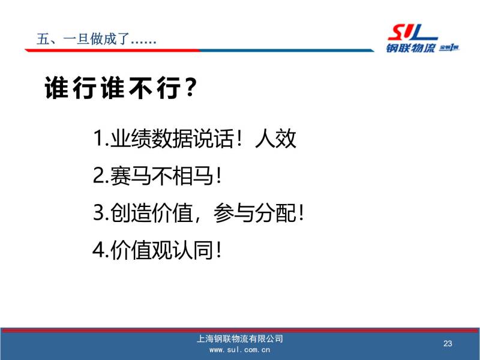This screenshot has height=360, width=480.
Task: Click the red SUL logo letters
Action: [412, 33]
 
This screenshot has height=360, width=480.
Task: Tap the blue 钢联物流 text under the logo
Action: [410, 48]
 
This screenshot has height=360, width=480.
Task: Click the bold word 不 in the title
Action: [141, 88]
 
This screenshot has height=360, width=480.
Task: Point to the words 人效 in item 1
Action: [275, 139]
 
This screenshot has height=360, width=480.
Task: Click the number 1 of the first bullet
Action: [98, 138]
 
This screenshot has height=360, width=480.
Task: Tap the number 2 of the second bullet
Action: [98, 175]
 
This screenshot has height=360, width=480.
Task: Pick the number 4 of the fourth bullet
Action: [98, 250]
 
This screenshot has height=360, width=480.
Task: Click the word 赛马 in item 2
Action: [131, 176]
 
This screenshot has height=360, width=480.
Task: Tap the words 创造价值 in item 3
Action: [152, 213]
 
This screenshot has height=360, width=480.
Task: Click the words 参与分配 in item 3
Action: [255, 213]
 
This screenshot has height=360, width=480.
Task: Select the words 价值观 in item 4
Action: [141, 250]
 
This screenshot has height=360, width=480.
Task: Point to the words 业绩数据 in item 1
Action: [152, 139]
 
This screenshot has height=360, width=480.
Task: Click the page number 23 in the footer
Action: [448, 343]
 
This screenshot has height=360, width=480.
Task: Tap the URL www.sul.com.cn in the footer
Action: [239, 350]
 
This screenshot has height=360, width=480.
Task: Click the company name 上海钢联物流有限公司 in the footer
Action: [239, 338]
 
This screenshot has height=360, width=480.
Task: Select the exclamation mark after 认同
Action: [218, 250]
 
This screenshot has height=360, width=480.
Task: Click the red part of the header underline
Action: [113, 50]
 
